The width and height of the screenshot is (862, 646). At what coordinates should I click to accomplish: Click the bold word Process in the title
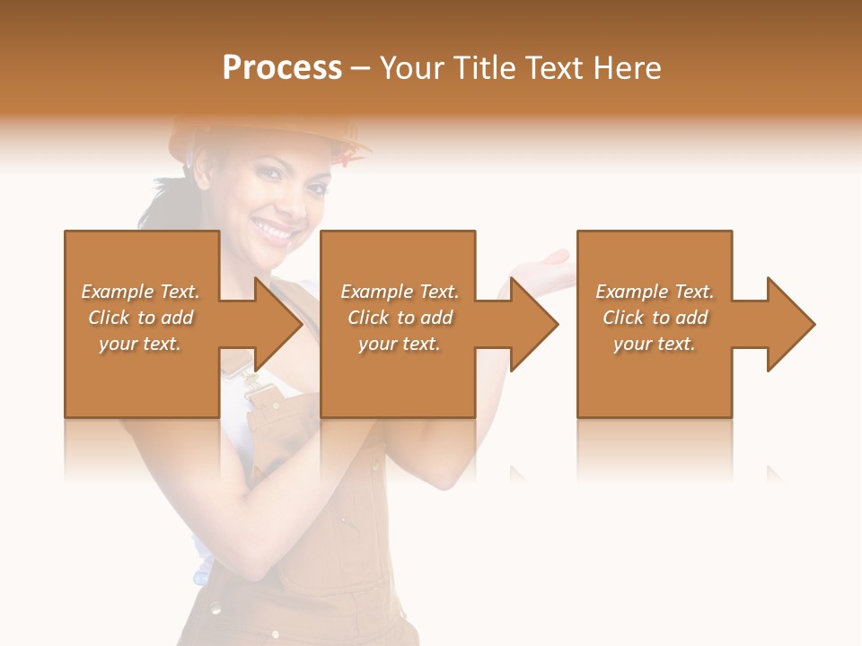click(x=282, y=68)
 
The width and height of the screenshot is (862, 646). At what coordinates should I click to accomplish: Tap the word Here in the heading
click(x=628, y=68)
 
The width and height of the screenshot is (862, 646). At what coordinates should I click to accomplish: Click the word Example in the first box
click(x=117, y=292)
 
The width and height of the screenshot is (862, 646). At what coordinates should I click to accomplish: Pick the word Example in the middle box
click(x=376, y=292)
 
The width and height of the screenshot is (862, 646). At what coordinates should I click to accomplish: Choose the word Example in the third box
click(x=631, y=292)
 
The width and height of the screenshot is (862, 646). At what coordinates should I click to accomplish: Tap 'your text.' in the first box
click(x=140, y=344)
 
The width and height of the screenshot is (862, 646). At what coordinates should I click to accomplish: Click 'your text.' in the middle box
click(x=400, y=344)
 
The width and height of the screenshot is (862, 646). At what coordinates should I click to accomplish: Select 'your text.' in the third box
click(x=655, y=344)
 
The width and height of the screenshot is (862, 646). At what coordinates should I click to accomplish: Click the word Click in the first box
click(x=109, y=318)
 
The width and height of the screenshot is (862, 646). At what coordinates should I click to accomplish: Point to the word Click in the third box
click(x=624, y=318)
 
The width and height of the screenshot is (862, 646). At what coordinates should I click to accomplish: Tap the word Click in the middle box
click(x=368, y=318)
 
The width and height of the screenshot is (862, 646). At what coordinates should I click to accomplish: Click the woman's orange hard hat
click(x=269, y=135)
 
